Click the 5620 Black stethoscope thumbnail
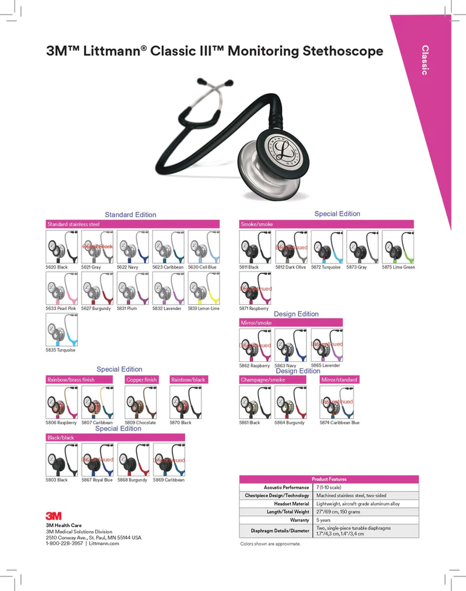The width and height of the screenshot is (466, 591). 62,247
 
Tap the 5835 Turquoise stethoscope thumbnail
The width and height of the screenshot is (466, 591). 62,330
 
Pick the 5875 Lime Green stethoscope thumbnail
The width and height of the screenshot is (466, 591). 397,247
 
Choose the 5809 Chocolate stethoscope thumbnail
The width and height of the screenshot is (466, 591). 140,403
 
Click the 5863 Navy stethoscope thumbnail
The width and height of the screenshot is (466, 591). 291,345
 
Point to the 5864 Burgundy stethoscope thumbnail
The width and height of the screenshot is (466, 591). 291,403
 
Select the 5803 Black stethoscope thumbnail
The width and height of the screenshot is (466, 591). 62,460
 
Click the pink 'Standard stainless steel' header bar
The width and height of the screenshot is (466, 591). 133,224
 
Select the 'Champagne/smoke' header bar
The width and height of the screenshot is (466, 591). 273,380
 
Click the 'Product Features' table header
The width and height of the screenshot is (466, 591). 329,479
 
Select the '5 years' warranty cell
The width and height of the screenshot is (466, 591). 323,520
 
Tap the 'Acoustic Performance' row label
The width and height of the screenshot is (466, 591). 286,487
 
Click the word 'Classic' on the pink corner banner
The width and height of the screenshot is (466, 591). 425,60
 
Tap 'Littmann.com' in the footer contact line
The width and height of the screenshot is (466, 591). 104,543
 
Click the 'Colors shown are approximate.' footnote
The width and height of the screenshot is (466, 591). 271,544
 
